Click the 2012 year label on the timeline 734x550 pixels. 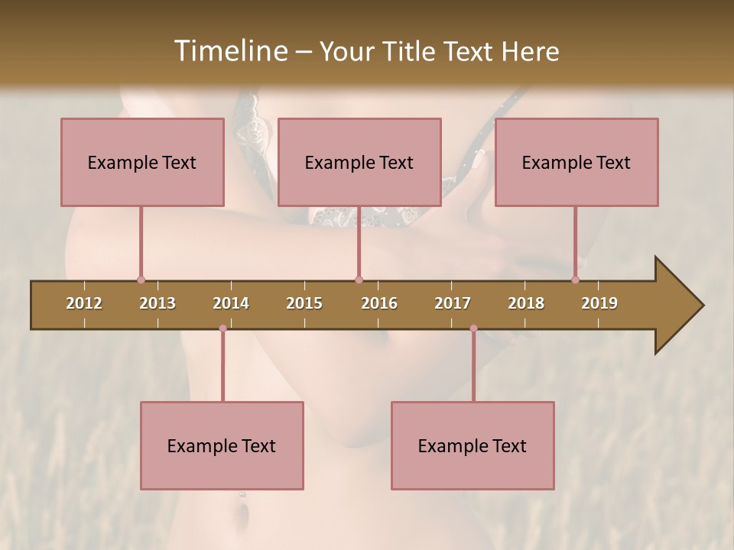coord(84,303)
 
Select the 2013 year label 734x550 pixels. coord(158,303)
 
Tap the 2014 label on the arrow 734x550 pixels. coord(231,303)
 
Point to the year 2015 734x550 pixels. coord(304,303)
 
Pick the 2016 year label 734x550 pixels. coord(379,303)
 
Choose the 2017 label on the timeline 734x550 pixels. coord(453,303)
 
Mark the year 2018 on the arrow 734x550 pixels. coord(526,303)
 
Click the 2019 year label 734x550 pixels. coord(599,303)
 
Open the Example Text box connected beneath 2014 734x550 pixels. coord(222,445)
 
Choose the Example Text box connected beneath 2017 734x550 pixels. coord(473,445)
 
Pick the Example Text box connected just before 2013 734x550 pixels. coord(142,162)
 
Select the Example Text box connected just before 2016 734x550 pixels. coord(359,162)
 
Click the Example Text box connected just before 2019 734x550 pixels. coord(576,162)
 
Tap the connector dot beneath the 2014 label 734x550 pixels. coord(222,328)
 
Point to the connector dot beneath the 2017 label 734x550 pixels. coord(473,328)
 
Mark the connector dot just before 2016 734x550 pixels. coord(359,280)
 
